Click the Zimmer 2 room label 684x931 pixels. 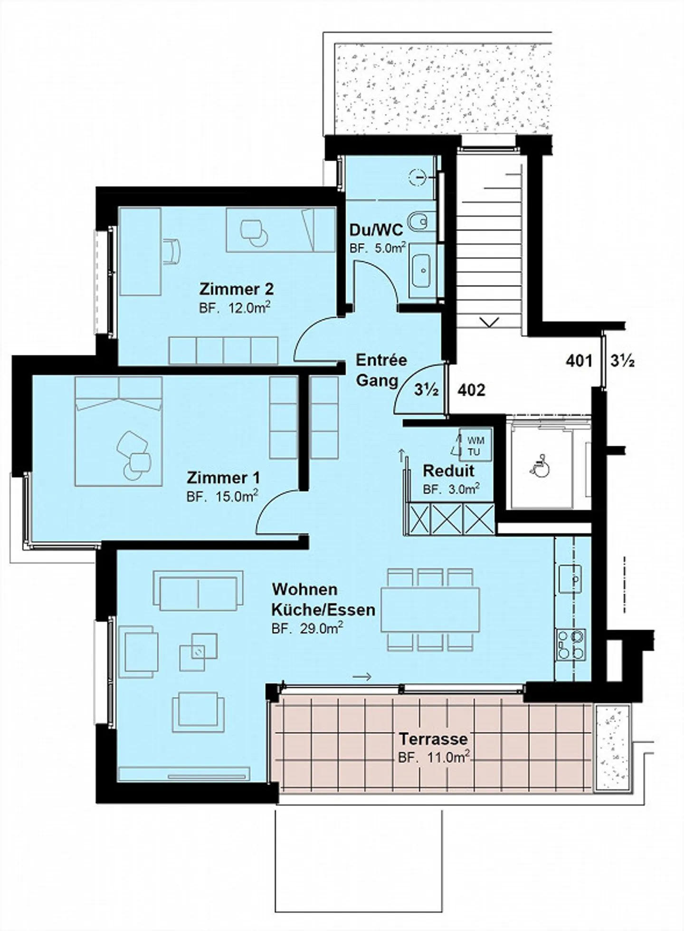pos(236,289)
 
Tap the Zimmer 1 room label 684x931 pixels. pos(223,477)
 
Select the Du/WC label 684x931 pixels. pos(376,230)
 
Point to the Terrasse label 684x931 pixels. pos(433,739)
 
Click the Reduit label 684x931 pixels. pos(448,471)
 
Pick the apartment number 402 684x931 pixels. pos(471,390)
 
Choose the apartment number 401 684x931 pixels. pos(579,361)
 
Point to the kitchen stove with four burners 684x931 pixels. pos(570,645)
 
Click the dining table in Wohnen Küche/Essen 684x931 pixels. pos(430,610)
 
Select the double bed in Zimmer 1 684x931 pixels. pos(119,431)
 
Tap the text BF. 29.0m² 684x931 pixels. pos(307,628)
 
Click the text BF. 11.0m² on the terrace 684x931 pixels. pos(434,758)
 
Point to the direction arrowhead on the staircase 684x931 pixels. pos(489,322)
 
